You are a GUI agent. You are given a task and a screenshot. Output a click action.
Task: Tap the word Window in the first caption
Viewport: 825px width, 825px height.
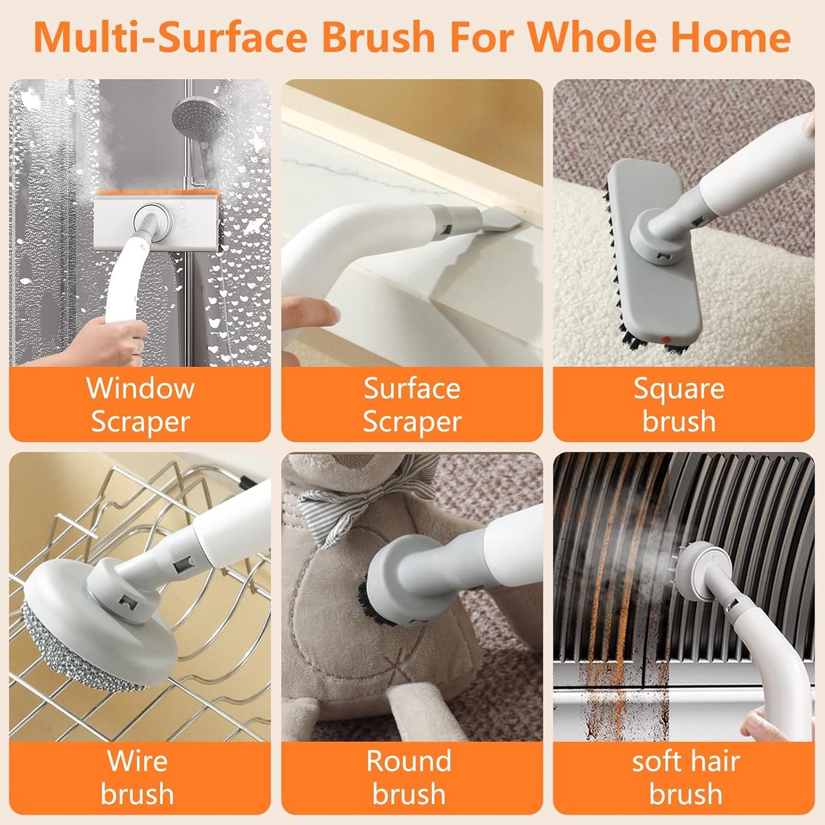click(140, 388)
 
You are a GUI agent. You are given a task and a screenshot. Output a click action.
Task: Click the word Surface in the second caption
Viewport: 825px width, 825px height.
click(412, 388)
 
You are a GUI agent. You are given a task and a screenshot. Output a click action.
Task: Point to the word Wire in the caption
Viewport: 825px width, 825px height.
click(137, 760)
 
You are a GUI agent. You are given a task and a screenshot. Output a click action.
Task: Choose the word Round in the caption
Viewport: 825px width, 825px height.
click(409, 760)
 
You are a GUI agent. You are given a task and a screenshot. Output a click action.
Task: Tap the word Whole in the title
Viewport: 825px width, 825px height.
click(593, 38)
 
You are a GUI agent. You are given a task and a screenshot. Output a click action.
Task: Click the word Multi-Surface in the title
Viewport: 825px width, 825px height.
click(170, 38)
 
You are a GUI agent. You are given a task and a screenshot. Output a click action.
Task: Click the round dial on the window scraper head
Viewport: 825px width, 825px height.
click(151, 219)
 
